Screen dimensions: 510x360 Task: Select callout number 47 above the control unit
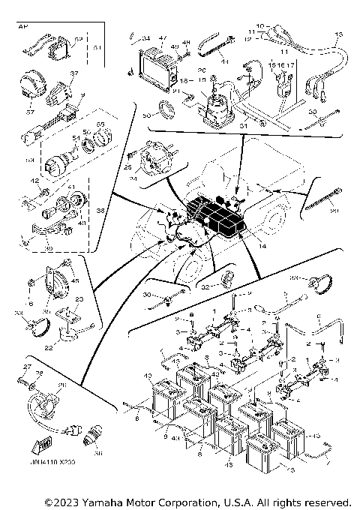(x=163, y=37)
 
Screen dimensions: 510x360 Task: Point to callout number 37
(x=74, y=73)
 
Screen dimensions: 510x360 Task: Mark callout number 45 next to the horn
(x=74, y=281)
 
